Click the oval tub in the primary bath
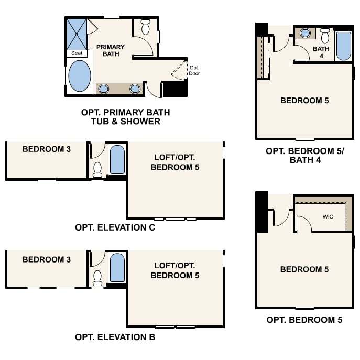pos(80,76)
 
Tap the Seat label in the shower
pos(77,53)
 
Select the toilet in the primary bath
pos(145,27)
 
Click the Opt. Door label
pos(194,71)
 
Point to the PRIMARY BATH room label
pos(111,50)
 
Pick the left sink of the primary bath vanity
pos(104,89)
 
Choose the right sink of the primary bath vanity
pos(135,89)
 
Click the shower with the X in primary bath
pos(77,34)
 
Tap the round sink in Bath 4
pos(305,34)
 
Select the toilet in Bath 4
pos(325,36)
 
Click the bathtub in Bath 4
pos(344,46)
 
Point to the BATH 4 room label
pos(321,52)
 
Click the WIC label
pos(328,217)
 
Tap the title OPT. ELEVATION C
pos(115,227)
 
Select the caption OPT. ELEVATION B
pos(115,337)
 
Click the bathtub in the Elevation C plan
pos(117,160)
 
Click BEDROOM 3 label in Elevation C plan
pos(47,149)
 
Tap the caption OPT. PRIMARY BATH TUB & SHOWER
pos(126,117)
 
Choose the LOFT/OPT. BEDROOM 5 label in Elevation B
pos(175,270)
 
